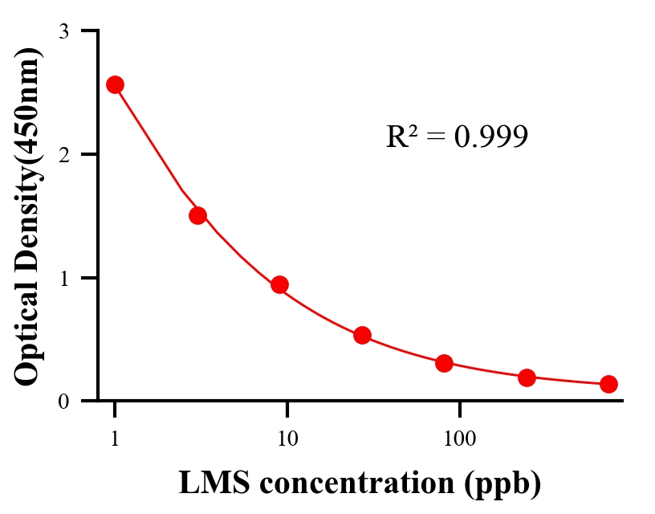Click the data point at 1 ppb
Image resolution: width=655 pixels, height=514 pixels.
[x=115, y=84]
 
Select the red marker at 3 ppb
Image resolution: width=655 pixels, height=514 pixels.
[x=197, y=215]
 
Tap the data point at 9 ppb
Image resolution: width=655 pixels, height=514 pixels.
[x=279, y=284]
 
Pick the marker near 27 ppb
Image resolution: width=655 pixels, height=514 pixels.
[x=362, y=335]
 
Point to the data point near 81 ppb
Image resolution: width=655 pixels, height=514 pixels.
[x=444, y=363]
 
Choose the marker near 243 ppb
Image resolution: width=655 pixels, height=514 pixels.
[x=527, y=377]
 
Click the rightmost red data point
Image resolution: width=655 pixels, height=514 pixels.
[x=608, y=384]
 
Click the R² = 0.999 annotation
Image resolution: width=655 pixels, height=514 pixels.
[x=457, y=137]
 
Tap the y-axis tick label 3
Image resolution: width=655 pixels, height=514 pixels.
[x=63, y=31]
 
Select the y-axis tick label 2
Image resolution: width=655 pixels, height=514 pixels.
[x=63, y=154]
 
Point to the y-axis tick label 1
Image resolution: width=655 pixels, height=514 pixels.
[x=63, y=278]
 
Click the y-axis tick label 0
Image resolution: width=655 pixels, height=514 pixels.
[x=63, y=401]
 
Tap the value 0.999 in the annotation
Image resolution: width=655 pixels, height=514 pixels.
[x=490, y=137]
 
